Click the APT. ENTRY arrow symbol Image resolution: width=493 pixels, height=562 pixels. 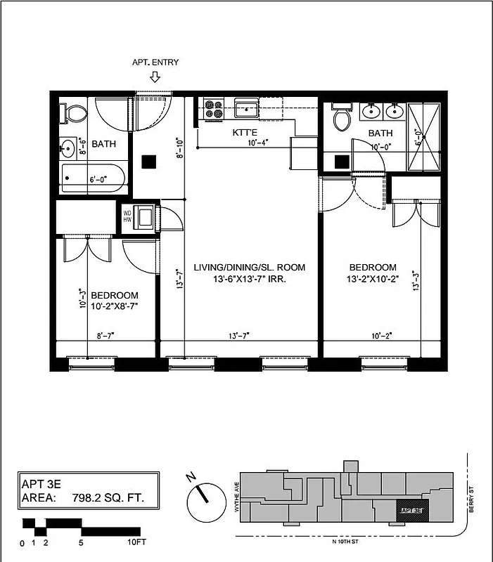(x=155, y=76)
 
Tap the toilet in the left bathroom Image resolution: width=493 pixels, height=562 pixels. (x=72, y=112)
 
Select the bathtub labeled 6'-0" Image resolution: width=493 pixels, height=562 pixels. (x=94, y=178)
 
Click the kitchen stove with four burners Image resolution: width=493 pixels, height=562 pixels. (x=212, y=109)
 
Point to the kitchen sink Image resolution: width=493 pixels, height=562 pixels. (x=247, y=109)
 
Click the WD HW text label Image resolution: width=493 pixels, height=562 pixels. (x=127, y=216)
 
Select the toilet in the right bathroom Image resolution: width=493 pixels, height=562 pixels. (x=342, y=118)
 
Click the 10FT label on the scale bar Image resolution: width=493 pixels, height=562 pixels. (x=136, y=543)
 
